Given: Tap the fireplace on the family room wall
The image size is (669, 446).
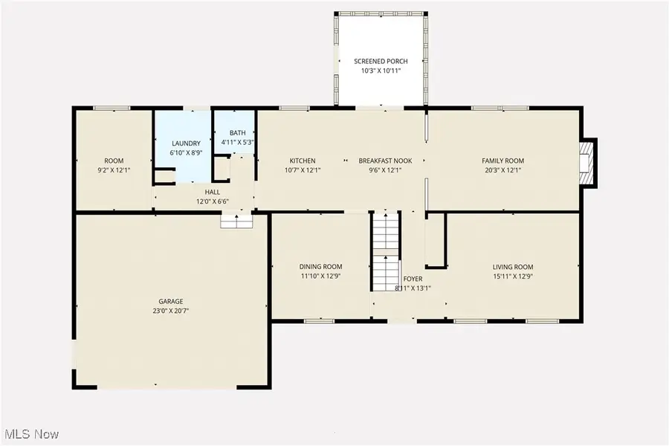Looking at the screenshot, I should (x=588, y=161).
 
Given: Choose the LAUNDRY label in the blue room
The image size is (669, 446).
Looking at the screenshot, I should (x=186, y=143).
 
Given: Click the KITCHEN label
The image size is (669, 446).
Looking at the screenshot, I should (x=303, y=161).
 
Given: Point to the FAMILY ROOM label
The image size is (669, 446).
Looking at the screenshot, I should (x=503, y=161).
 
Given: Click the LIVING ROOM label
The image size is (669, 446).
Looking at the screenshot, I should (x=513, y=267).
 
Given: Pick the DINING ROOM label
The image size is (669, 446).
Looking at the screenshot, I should (x=320, y=267).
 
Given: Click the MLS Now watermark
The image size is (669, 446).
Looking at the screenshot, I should (x=33, y=433).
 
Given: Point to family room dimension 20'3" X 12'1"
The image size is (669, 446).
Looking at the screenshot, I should (x=503, y=170).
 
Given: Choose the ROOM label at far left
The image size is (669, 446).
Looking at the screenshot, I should (x=114, y=161).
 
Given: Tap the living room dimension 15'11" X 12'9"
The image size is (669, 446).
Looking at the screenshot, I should (x=513, y=277).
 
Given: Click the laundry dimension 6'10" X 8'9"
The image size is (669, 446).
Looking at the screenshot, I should (x=186, y=152).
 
